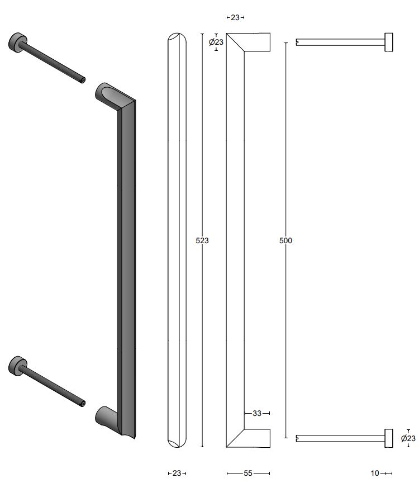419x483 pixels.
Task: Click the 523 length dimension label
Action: (202, 240)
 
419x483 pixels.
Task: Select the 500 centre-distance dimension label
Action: (285, 240)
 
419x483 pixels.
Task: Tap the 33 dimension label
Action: (257, 413)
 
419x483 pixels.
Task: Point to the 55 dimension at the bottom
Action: (248, 473)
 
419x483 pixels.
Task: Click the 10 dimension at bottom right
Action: (375, 473)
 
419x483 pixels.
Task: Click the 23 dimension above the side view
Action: (235, 17)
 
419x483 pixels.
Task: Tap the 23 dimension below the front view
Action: (177, 473)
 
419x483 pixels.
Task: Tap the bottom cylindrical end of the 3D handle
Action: (105, 416)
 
